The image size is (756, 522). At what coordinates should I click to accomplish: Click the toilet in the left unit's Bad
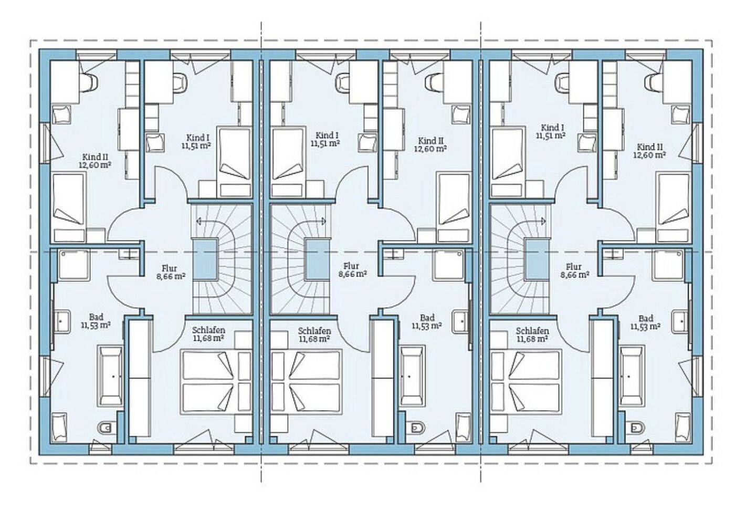tap(104, 429)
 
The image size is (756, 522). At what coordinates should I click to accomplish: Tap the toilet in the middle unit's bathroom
tap(417, 428)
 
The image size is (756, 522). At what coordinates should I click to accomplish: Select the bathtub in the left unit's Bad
tap(110, 375)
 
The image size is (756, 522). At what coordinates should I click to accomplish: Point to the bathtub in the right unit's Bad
tap(632, 375)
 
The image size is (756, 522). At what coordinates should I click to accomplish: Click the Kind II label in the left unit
tap(91, 157)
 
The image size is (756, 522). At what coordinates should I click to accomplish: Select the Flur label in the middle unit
tap(351, 266)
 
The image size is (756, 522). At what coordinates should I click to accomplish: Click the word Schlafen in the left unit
tap(208, 330)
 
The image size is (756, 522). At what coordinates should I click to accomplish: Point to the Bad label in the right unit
tap(646, 318)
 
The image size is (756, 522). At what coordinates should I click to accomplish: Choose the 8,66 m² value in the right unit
tap(575, 275)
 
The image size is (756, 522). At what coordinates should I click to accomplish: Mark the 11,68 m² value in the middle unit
tap(314, 339)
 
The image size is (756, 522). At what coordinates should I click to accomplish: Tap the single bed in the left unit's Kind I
tap(234, 162)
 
